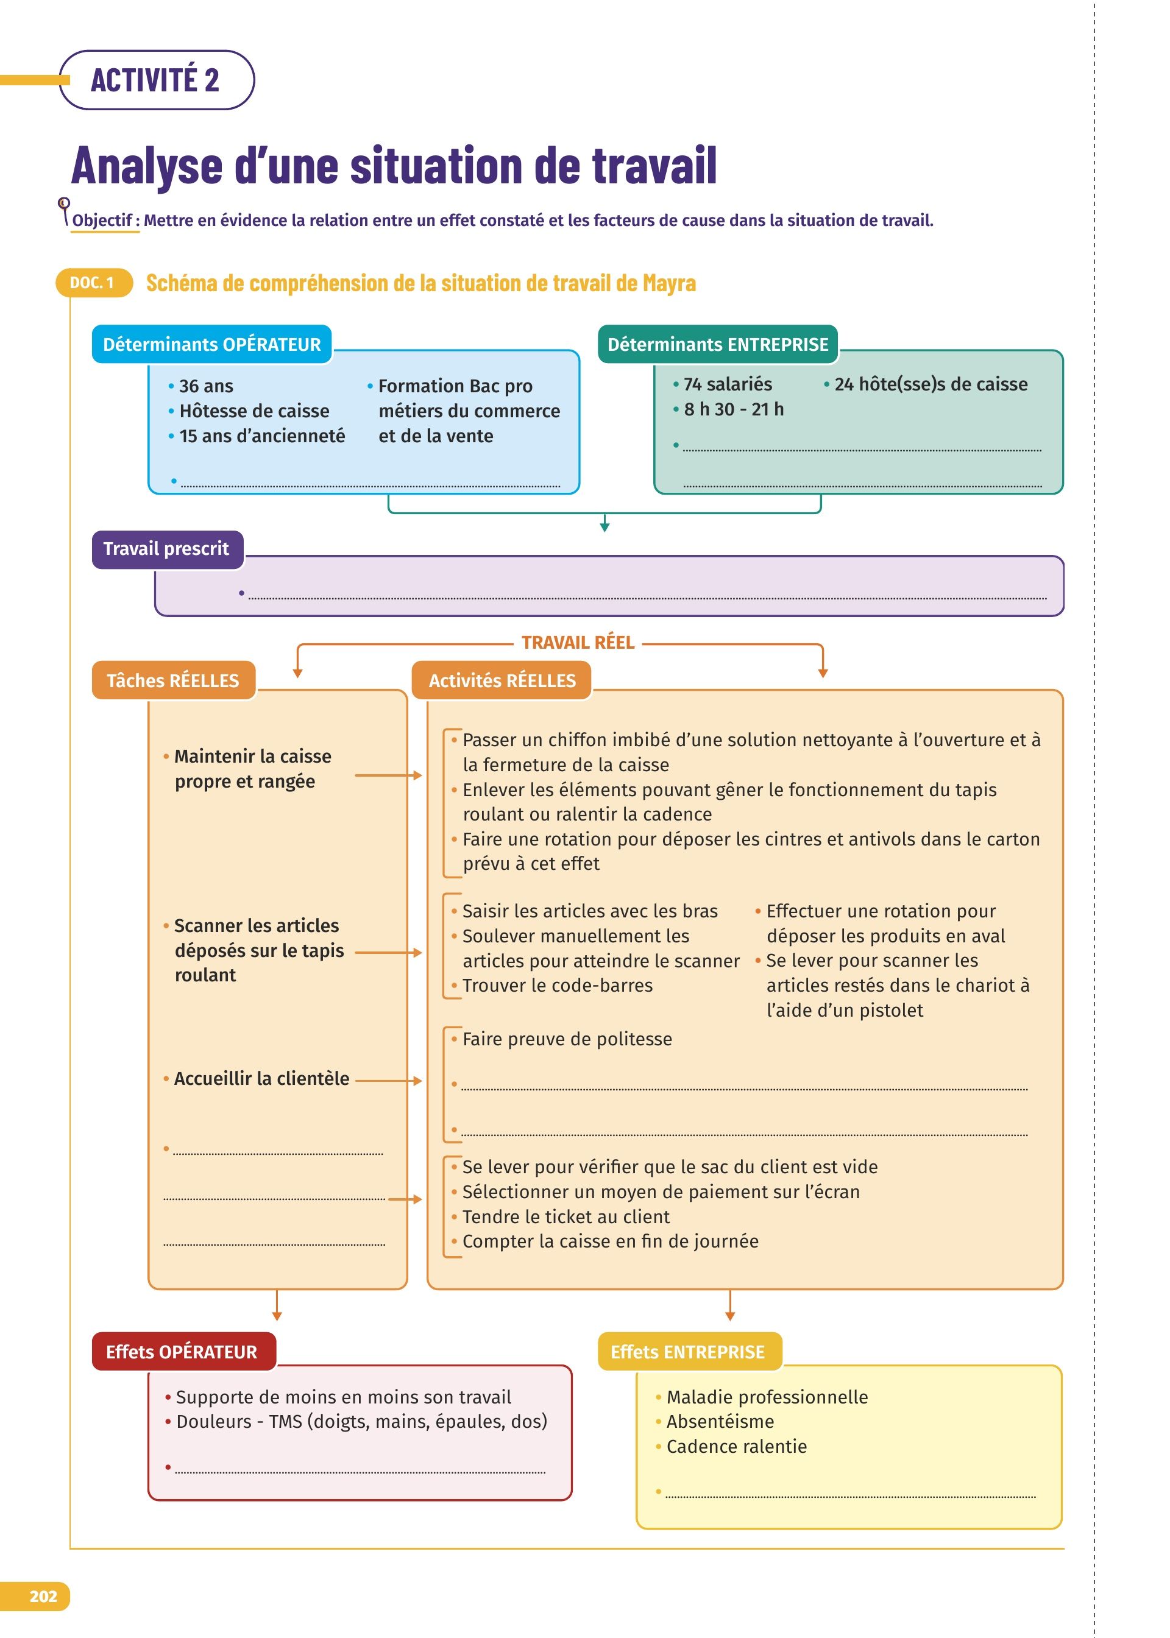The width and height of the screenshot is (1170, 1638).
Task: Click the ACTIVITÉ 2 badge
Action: pos(155,80)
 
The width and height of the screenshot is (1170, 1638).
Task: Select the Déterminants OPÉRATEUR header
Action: pos(211,344)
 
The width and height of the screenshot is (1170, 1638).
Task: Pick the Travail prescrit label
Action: pos(166,549)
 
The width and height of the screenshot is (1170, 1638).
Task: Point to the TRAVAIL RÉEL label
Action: pos(578,642)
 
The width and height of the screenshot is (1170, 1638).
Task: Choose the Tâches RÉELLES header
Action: pos(173,680)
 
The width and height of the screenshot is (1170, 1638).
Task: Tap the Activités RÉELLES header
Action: pos(502,680)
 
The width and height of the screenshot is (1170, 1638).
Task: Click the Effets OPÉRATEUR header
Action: pos(182,1352)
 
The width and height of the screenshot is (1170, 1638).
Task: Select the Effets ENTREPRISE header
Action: pos(687,1352)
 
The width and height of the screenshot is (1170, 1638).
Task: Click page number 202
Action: pos(43,1596)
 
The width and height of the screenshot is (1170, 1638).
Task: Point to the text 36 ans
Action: pos(206,387)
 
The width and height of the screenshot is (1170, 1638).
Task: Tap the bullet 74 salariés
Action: pos(727,384)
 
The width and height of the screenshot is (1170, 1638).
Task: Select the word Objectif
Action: pos(102,221)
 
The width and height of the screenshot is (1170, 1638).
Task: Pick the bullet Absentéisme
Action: pos(720,1421)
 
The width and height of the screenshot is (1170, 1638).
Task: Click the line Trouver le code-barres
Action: pos(557,986)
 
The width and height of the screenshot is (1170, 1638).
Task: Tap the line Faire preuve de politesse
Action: pos(567,1039)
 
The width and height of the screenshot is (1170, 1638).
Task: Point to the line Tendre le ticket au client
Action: pos(565,1217)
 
